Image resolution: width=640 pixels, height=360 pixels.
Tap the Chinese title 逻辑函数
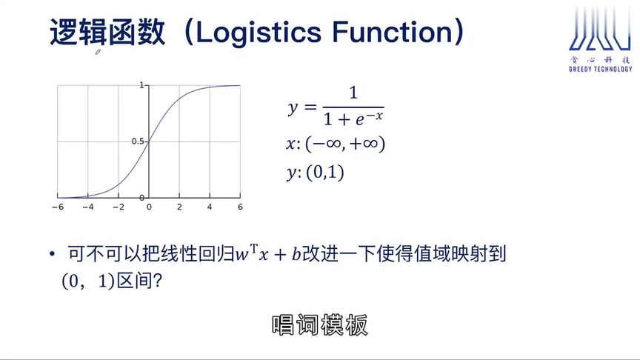pos(107,33)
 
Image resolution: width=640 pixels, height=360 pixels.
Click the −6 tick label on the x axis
pos(57,207)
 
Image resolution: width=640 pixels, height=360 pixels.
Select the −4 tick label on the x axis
pos(87,207)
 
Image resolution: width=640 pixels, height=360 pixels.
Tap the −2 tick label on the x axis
pos(118,207)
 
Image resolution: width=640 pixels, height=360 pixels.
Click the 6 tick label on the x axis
pos(240,207)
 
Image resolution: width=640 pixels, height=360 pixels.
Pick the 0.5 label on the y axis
pos(137,141)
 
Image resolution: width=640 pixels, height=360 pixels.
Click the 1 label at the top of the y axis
pos(141,85)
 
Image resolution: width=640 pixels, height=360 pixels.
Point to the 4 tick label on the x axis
pos(210,207)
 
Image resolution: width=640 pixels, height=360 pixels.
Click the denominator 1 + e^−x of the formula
pos(353,118)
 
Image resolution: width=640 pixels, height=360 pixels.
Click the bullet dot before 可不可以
pos(52,256)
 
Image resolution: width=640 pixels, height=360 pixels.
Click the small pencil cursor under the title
pos(98,53)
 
